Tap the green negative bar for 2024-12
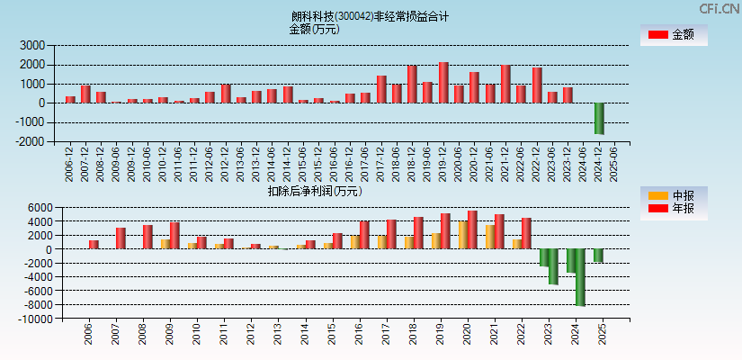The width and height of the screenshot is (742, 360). click(x=599, y=118)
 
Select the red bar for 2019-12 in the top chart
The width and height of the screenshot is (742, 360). click(x=443, y=82)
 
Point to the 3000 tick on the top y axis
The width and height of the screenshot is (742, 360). click(x=33, y=45)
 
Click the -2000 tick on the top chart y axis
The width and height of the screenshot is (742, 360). click(x=31, y=141)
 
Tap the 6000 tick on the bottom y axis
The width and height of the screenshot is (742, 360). click(x=33, y=207)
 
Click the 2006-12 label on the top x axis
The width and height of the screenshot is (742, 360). click(x=70, y=164)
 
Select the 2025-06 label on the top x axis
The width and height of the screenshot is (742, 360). click(x=614, y=164)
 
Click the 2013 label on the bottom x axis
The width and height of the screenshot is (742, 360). click(x=278, y=335)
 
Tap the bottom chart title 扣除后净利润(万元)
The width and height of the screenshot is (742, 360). click(x=314, y=191)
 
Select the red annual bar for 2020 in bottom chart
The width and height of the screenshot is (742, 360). click(x=472, y=229)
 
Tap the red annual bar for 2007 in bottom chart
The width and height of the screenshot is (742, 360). click(x=121, y=238)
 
